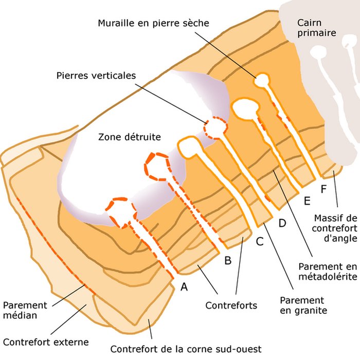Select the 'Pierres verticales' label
(96, 76)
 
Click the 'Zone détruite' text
(130, 137)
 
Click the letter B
(228, 260)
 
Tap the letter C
(260, 240)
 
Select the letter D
(282, 223)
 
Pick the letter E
(308, 201)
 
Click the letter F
(323, 189)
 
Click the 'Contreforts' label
(231, 305)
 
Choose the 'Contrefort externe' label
(46, 342)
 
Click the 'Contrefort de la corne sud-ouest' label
(186, 349)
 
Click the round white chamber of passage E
(262, 80)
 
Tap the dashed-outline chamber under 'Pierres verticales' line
(215, 127)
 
